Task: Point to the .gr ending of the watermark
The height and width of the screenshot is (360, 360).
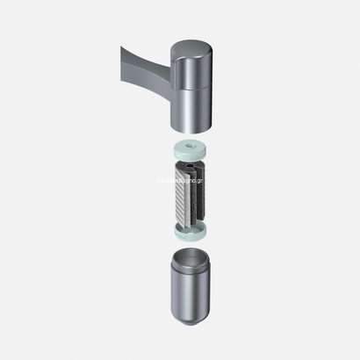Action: click(x=200, y=181)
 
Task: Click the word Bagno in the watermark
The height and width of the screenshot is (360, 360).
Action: click(x=185, y=181)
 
